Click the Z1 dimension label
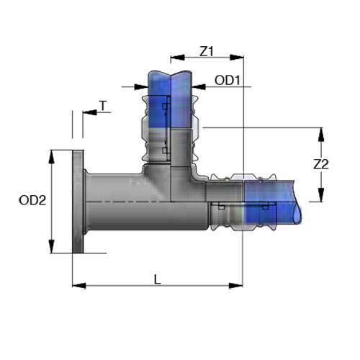(207, 51)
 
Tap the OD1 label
(228, 80)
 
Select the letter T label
(103, 106)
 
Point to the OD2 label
(32, 200)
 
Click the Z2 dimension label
(321, 164)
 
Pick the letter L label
(158, 279)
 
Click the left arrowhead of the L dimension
(79, 286)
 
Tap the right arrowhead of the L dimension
(235, 286)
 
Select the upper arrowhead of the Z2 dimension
(321, 135)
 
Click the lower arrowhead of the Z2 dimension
(321, 195)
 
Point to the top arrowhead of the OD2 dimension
(51, 157)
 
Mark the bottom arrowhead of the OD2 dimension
(51, 246)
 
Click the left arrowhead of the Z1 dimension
(178, 58)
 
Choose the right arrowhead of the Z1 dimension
(237, 58)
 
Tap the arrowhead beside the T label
(90, 112)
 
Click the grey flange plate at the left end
(78, 202)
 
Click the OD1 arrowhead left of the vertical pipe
(141, 87)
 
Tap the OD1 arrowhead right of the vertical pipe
(199, 86)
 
